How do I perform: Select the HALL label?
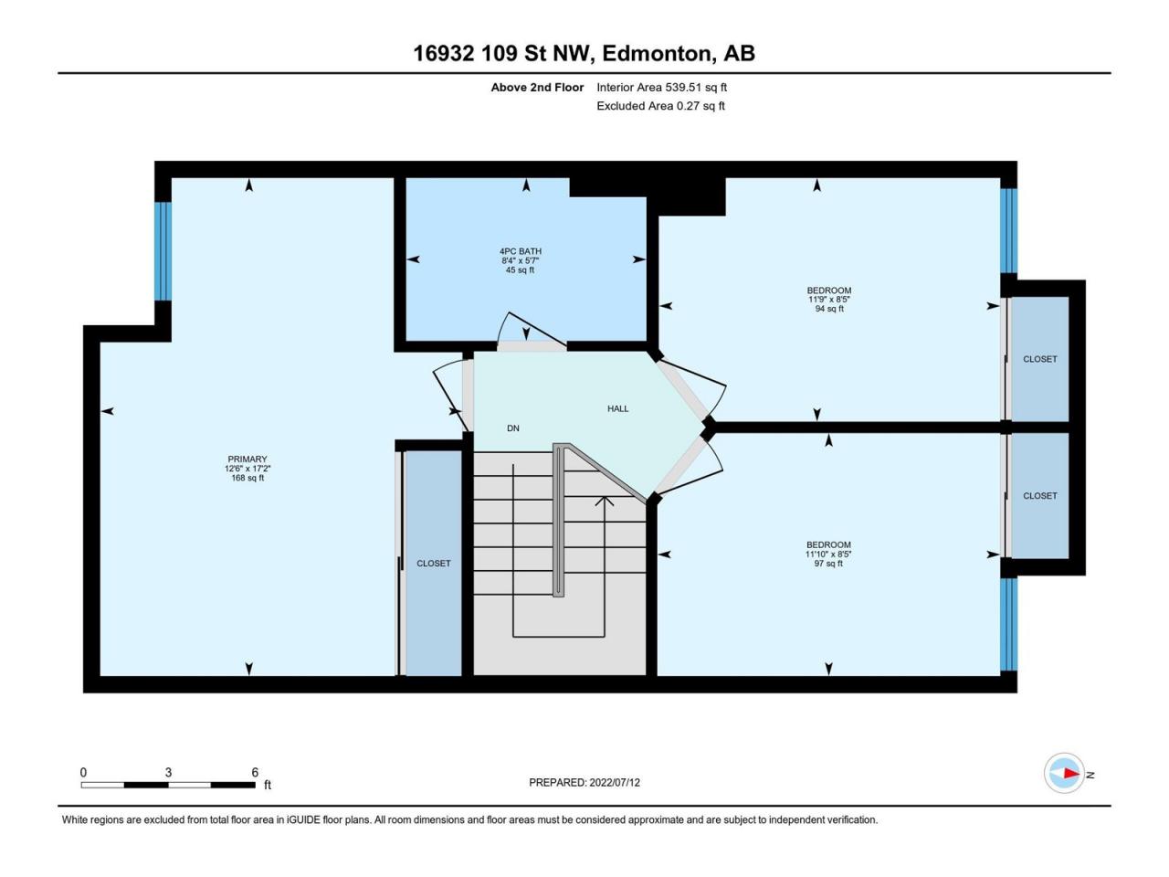tap(618, 408)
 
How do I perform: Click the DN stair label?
tap(513, 428)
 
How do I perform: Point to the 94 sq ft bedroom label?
tap(829, 299)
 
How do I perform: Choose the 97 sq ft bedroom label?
tap(828, 554)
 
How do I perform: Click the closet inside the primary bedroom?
tap(434, 563)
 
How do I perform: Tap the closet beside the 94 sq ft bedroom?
tap(1039, 359)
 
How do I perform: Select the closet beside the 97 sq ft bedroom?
tap(1039, 495)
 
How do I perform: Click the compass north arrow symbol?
tap(1065, 774)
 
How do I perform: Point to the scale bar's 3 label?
tap(168, 772)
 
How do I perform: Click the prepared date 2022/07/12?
tap(591, 782)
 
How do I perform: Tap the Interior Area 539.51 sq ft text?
tap(661, 88)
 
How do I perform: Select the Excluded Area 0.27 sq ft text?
tap(660, 106)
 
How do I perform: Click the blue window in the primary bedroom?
tap(163, 250)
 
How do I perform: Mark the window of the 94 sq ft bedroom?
tap(1008, 230)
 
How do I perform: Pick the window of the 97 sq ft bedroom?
tap(1008, 624)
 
